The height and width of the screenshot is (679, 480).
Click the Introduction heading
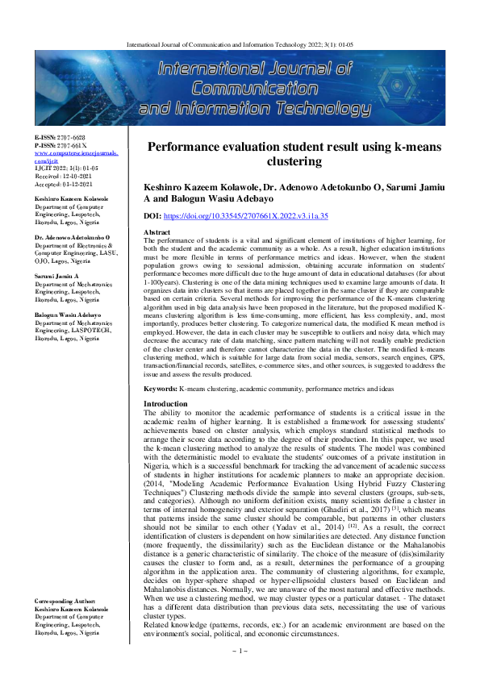coord(165,403)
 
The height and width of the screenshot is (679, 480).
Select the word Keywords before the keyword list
coord(161,389)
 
